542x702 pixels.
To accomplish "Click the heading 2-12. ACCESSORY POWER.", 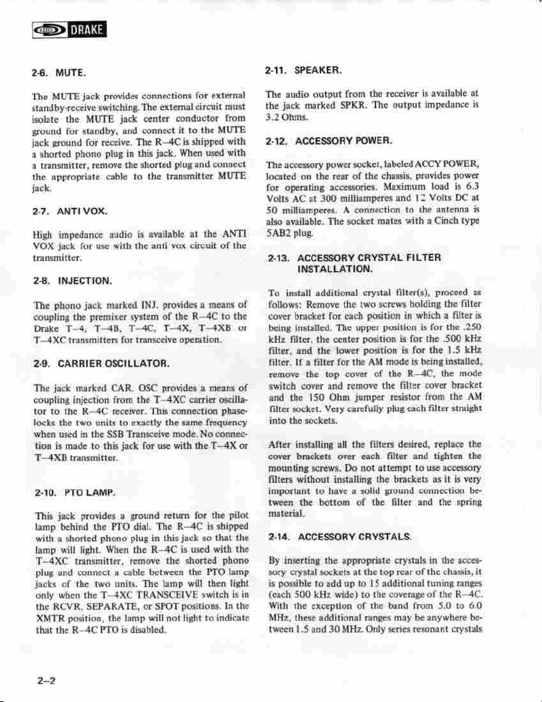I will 327,141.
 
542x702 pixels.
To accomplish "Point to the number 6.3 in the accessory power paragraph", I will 471,187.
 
